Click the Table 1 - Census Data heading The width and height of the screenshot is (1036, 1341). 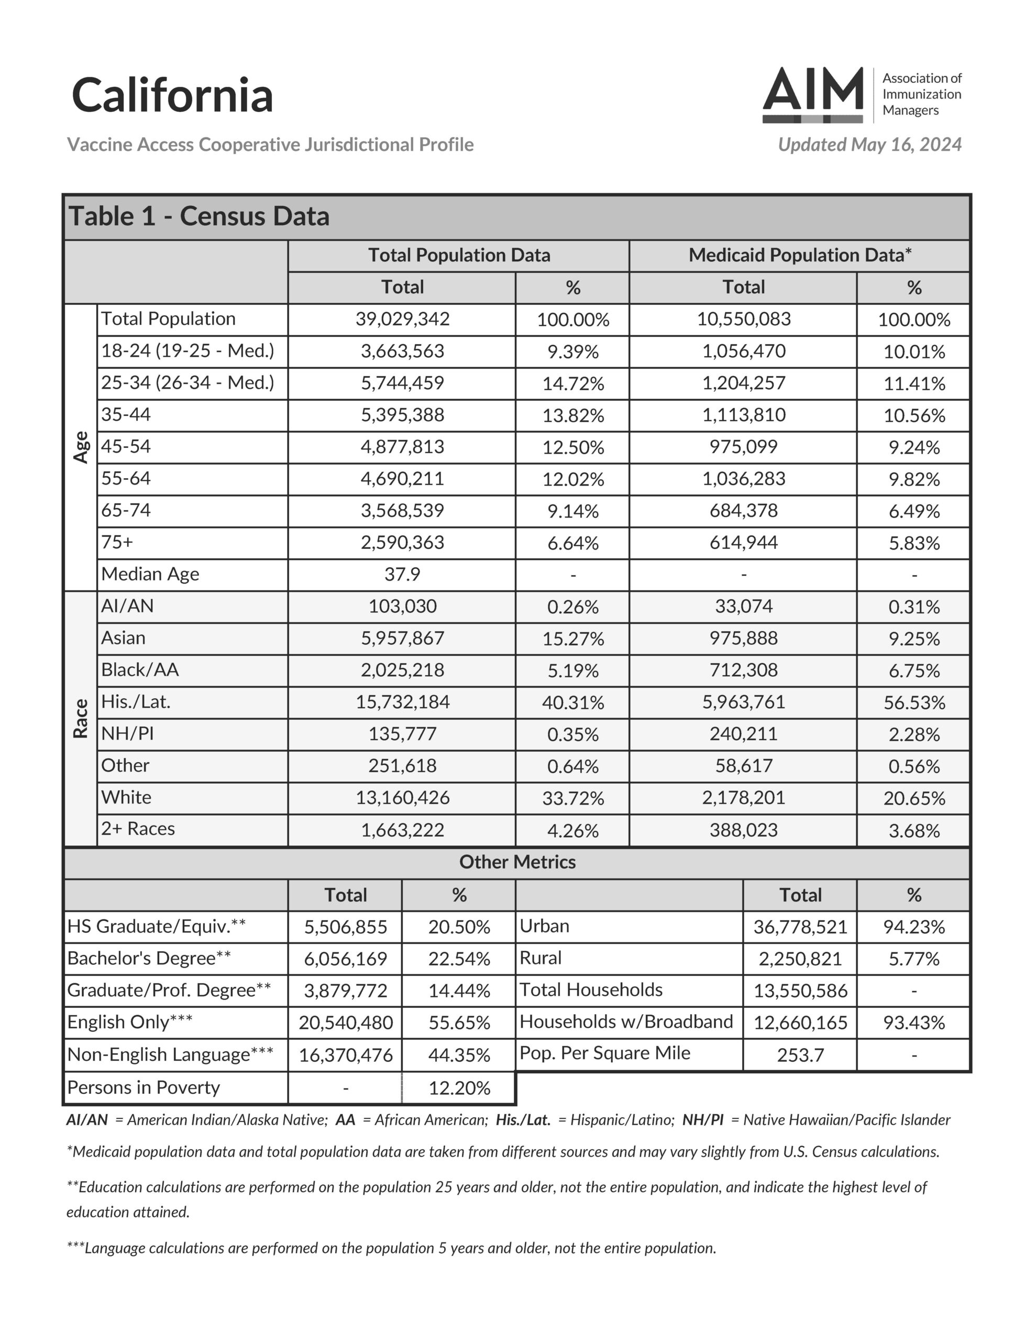pyautogui.click(x=199, y=216)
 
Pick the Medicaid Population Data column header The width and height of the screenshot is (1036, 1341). pyautogui.click(x=800, y=255)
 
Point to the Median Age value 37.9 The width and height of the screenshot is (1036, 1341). pyautogui.click(x=402, y=574)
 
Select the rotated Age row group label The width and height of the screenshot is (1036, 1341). pyautogui.click(x=81, y=447)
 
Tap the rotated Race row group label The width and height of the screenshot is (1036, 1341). pyautogui.click(x=81, y=718)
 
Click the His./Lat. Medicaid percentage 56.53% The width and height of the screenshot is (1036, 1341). pyautogui.click(x=914, y=702)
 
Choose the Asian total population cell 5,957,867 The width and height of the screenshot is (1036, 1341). pyautogui.click(x=402, y=638)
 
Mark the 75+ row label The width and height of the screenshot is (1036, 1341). pyautogui.click(x=117, y=542)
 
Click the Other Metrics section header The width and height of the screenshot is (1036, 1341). pyautogui.click(x=517, y=862)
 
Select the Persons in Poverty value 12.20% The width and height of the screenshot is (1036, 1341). pyautogui.click(x=459, y=1088)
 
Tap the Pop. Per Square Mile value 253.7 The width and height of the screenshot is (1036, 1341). pyautogui.click(x=800, y=1055)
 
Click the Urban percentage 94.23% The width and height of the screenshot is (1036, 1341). pyautogui.click(x=914, y=927)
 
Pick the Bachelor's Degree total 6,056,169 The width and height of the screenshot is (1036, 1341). pyautogui.click(x=345, y=959)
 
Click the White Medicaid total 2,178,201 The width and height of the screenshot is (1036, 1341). pyautogui.click(x=743, y=798)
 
